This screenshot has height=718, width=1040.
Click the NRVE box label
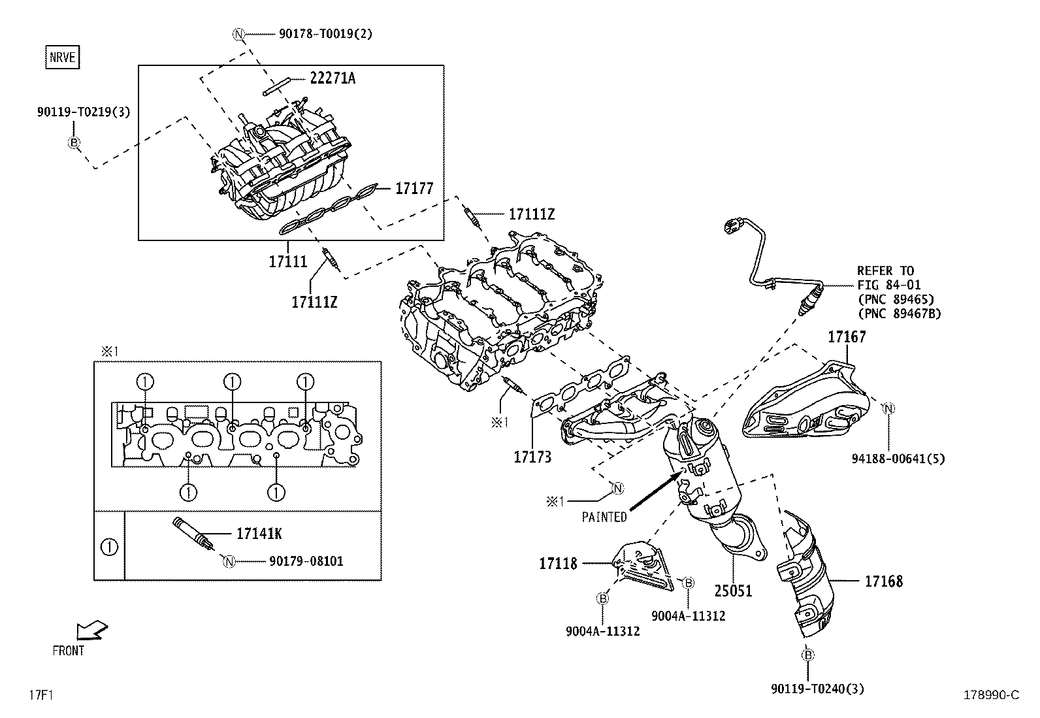tap(63, 57)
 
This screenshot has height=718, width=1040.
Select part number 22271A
tap(332, 78)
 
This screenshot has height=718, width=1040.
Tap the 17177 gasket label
tap(414, 189)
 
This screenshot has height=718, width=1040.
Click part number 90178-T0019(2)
tap(325, 34)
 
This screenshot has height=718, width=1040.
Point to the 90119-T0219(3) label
tap(83, 112)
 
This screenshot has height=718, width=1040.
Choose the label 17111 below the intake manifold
tap(287, 261)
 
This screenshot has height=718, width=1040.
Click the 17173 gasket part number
tap(532, 457)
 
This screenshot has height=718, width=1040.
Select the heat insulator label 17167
tap(847, 337)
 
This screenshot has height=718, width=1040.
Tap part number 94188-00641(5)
tap(898, 459)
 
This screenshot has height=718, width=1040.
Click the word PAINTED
tap(604, 517)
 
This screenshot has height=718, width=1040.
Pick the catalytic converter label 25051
tap(733, 591)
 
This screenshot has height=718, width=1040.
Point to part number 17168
tap(884, 581)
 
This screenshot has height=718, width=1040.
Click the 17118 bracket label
tap(558, 563)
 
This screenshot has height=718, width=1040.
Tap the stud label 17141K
tap(259, 534)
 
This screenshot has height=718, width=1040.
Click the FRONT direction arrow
tap(91, 630)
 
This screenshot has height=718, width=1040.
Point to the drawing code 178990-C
tap(990, 695)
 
